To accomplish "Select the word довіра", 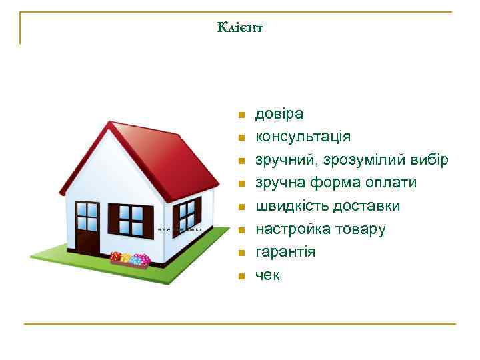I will pos(279,114).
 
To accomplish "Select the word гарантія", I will pos(285,252).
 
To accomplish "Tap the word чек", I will pos(268,275).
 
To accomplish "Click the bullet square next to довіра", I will pos(241,115).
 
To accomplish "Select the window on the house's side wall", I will pos(187,215).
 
